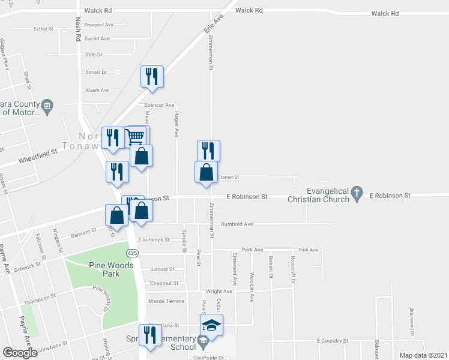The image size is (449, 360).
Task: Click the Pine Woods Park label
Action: tap(104, 269)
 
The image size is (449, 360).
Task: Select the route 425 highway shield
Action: tap(133, 253)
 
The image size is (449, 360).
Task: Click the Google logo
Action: tap(20, 353)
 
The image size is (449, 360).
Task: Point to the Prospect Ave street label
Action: tap(99, 25)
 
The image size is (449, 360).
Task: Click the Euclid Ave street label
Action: tap(97, 38)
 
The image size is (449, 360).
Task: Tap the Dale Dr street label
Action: tap(94, 55)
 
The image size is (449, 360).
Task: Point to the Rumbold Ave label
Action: tap(237, 224)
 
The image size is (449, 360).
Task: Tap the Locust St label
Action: tap(163, 269)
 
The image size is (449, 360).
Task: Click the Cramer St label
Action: tap(228, 177)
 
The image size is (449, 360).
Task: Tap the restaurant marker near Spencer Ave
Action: tap(152, 77)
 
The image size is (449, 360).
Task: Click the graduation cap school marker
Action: tap(211, 325)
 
